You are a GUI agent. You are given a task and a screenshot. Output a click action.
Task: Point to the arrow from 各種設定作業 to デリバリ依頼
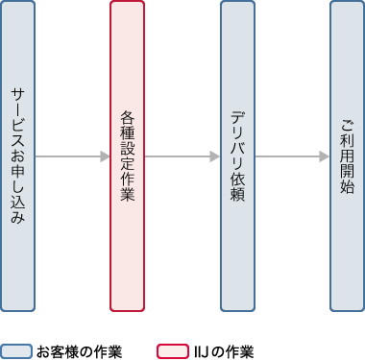(x=182, y=156)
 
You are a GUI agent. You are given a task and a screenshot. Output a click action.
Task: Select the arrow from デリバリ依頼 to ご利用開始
(x=292, y=156)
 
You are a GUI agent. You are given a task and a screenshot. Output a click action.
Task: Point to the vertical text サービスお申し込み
(x=18, y=156)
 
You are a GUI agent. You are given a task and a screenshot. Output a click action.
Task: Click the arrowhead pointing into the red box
(x=106, y=156)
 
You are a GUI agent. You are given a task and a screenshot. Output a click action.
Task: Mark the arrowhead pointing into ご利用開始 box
(x=325, y=156)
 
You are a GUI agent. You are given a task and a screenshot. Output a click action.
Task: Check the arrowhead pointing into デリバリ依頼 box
(x=215, y=156)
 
